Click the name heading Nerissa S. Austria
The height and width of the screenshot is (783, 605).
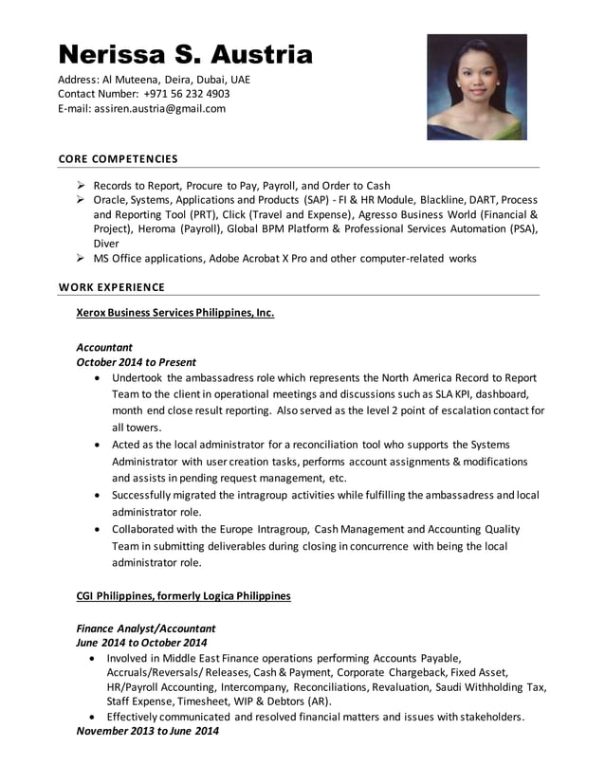185,54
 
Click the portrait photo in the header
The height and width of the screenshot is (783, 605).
476,87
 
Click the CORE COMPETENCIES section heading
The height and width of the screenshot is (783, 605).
118,158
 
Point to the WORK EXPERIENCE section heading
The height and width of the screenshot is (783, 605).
111,287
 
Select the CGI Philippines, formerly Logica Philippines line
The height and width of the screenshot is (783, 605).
183,596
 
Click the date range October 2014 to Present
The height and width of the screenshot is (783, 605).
136,362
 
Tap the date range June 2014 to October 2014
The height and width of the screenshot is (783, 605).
141,643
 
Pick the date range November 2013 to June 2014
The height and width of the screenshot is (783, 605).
147,732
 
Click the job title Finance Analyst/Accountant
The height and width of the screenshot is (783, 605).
145,628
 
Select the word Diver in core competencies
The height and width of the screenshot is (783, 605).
106,243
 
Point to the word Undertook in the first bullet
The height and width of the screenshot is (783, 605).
138,377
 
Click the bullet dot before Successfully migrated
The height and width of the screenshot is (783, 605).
100,495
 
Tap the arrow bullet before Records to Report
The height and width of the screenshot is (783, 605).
82,186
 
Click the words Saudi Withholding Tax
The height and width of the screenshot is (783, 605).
490,686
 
